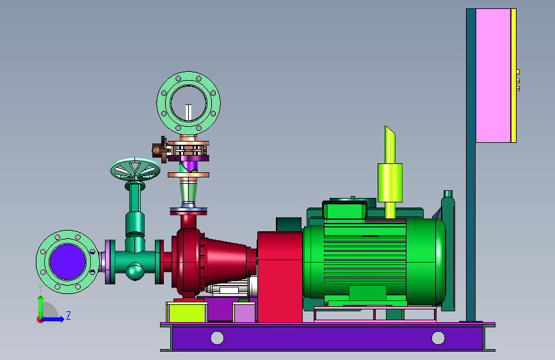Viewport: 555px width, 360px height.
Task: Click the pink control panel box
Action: point(493,76)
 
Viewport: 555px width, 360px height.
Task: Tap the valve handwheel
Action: point(135,169)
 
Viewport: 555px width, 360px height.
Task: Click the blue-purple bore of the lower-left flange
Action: point(68,262)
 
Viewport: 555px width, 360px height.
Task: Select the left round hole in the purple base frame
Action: point(217,338)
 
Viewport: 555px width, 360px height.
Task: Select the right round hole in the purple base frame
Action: point(438,338)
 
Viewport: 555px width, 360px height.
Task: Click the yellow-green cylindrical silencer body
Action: point(390,183)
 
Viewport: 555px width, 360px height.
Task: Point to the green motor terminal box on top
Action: point(344,210)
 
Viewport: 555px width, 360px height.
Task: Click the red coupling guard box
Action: point(280,276)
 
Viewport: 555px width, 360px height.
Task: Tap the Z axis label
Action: point(68,315)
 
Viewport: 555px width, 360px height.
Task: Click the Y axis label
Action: point(40,288)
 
